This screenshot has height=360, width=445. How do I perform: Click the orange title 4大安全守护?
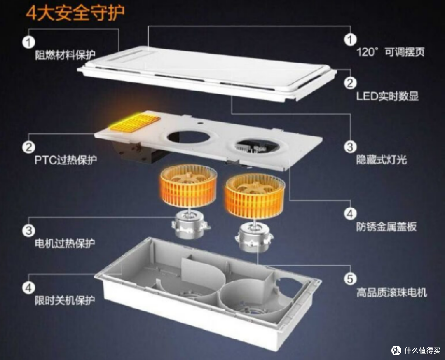[75, 13]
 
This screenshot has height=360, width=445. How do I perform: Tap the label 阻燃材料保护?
[65, 55]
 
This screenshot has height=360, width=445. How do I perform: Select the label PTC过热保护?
[66, 160]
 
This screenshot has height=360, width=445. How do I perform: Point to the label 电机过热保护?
[65, 243]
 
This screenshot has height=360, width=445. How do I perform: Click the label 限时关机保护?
[65, 300]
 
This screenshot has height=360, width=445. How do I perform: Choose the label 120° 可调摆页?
[391, 52]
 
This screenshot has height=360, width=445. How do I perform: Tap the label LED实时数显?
[387, 96]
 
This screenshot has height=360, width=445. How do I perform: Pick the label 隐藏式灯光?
[382, 160]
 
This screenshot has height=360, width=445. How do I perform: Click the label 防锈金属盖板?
[386, 227]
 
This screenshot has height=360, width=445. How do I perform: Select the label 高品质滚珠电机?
[392, 292]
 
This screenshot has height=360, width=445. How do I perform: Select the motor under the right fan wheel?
[254, 237]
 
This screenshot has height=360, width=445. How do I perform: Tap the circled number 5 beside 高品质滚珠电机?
[350, 278]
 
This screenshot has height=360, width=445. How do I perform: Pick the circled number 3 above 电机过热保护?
[29, 230]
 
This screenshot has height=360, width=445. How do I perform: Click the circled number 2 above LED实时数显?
[350, 83]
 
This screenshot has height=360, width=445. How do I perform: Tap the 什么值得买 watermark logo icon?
[396, 351]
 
